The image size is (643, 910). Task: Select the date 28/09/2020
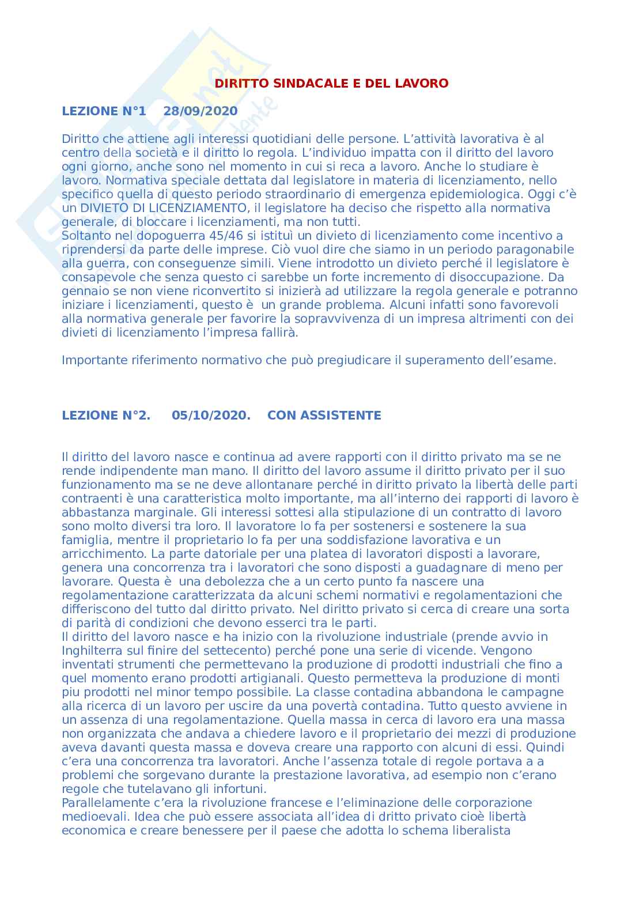point(200,111)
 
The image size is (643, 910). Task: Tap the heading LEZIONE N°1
point(104,111)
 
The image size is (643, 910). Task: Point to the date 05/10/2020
point(211,416)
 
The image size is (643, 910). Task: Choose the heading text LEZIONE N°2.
point(106,416)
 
